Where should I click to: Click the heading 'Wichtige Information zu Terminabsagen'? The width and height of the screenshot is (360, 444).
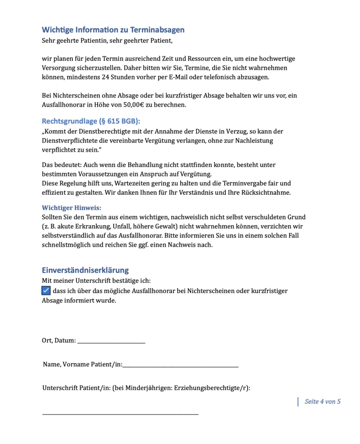tap(113, 30)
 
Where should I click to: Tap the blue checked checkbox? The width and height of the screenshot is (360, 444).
tap(46, 291)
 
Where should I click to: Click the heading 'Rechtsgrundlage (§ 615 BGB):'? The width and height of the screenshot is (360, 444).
tap(91, 121)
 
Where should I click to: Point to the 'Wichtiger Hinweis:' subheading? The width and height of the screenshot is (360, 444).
tap(72, 208)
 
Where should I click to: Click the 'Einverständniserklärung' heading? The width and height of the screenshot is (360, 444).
tap(85, 270)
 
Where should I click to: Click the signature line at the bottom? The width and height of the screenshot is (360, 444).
tap(120, 415)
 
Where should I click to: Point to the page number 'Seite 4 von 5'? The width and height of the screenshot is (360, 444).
tap(322, 402)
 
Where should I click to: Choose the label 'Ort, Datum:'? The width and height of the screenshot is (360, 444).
tap(59, 341)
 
